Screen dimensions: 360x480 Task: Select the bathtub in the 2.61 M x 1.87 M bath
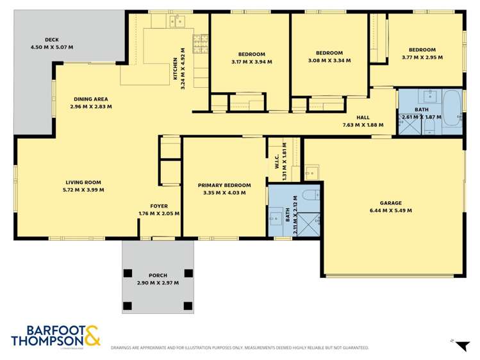click(452, 109)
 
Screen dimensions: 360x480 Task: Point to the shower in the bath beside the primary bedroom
click(309, 222)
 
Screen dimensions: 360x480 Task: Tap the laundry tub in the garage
click(311, 172)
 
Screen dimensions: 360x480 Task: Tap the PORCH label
click(158, 275)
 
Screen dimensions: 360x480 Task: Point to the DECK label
click(52, 40)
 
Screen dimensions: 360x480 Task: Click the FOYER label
click(159, 206)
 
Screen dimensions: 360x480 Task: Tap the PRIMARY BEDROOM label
click(224, 185)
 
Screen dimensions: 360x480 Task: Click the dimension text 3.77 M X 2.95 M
click(422, 58)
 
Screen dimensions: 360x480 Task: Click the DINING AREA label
click(90, 99)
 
